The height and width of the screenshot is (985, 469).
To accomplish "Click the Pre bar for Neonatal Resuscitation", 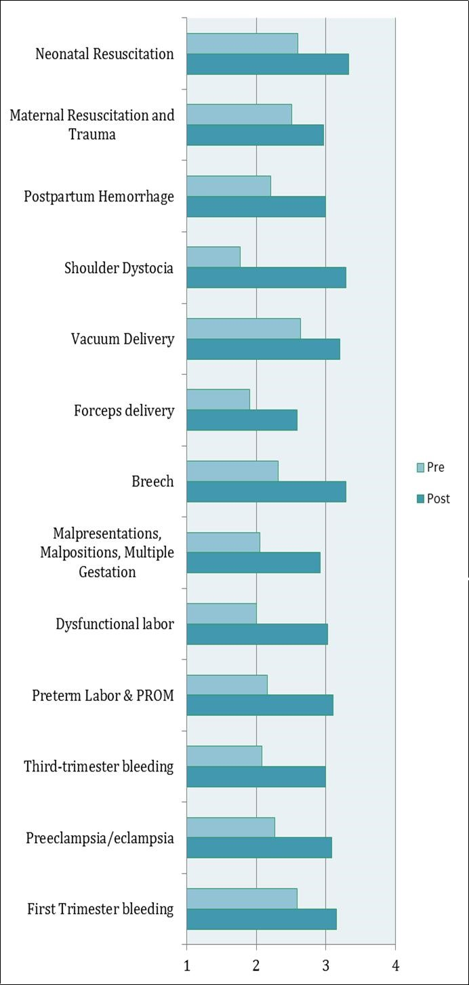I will click(242, 43).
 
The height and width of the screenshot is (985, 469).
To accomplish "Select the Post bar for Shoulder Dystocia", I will click(266, 278).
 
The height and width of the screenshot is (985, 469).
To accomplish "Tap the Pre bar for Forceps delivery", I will click(218, 399).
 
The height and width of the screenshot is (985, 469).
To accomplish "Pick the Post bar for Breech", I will click(266, 491).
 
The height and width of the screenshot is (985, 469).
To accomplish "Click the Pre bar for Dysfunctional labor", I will click(222, 614).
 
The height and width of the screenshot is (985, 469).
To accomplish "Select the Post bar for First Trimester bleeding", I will click(262, 919).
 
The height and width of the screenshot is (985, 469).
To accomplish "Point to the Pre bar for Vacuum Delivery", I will click(243, 328).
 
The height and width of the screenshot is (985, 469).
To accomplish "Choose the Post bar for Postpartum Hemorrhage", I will click(256, 207).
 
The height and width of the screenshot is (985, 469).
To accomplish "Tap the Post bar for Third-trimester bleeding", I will click(256, 776).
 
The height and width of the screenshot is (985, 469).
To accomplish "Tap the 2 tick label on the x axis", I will click(256, 965).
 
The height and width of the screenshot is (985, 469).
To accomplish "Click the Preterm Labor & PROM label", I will click(103, 696).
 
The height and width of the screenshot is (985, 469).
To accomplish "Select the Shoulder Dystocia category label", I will click(119, 268).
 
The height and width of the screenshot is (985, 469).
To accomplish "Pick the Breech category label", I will click(152, 482).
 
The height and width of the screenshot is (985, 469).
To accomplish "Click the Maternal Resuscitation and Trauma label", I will click(91, 125).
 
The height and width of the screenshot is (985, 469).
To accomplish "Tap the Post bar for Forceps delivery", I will click(242, 420).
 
